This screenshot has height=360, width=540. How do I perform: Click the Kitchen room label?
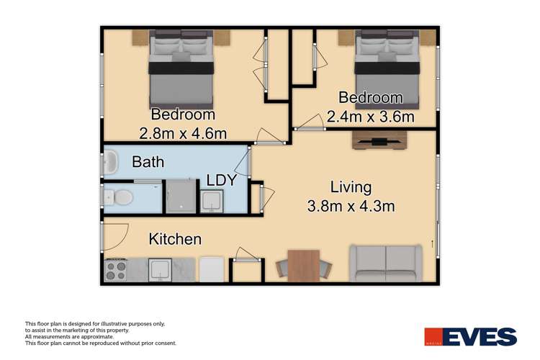pyautogui.click(x=175, y=239)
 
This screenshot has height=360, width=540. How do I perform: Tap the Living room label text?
pyautogui.click(x=346, y=187)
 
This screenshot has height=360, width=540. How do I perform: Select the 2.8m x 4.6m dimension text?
pyautogui.click(x=182, y=133)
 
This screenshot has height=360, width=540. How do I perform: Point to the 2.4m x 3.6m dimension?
pyautogui.click(x=371, y=115)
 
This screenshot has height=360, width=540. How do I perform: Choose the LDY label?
pyautogui.click(x=221, y=181)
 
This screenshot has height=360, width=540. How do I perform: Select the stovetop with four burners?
pyautogui.click(x=117, y=270)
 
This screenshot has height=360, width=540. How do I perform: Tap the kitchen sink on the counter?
pyautogui.click(x=159, y=270)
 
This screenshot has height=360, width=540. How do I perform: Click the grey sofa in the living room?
pyautogui.click(x=386, y=264)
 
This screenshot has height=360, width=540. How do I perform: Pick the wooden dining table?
pyautogui.click(x=302, y=264)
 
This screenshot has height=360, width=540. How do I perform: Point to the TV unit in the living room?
pyautogui.click(x=379, y=140)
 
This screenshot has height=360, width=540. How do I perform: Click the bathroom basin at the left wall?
pyautogui.click(x=111, y=163)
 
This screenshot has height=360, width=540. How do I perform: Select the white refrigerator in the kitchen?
pyautogui.click(x=212, y=269)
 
